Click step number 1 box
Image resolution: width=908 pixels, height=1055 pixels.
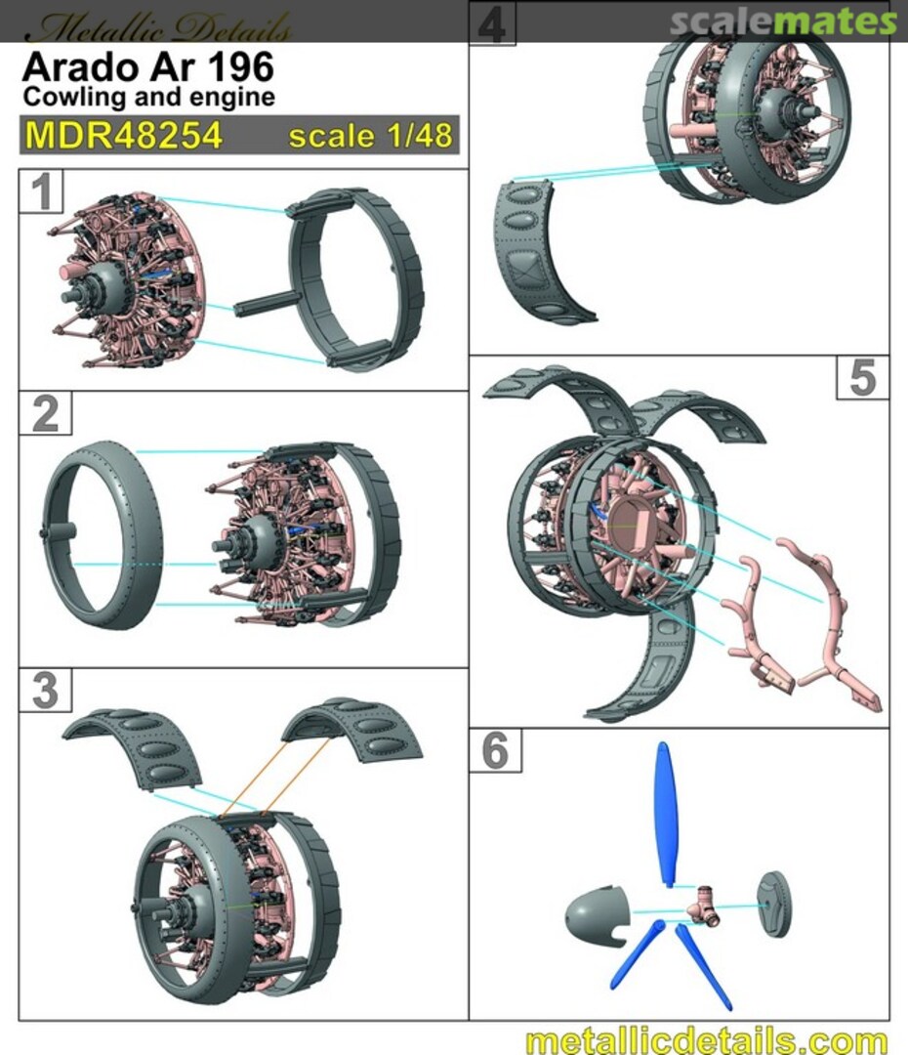click(x=41, y=191)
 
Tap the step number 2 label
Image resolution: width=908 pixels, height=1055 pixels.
click(x=45, y=413)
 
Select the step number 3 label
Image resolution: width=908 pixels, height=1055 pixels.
click(x=45, y=690)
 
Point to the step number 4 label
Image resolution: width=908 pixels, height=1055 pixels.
click(x=492, y=23)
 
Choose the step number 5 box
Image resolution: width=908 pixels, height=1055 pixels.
click(x=863, y=377)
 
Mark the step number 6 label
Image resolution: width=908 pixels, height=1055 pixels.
click(x=496, y=749)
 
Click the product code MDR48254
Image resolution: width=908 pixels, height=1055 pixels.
click(x=124, y=135)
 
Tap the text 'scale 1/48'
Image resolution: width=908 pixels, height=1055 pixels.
click(x=371, y=136)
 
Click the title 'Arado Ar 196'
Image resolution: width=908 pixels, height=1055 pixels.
click(x=148, y=66)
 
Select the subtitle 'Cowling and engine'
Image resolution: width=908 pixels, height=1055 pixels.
click(x=148, y=97)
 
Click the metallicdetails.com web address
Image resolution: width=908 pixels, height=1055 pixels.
click(x=706, y=1039)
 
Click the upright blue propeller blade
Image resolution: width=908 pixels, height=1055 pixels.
click(x=665, y=814)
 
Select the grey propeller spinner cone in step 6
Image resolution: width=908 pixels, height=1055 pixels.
click(x=597, y=913)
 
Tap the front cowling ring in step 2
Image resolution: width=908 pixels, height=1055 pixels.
click(x=101, y=535)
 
